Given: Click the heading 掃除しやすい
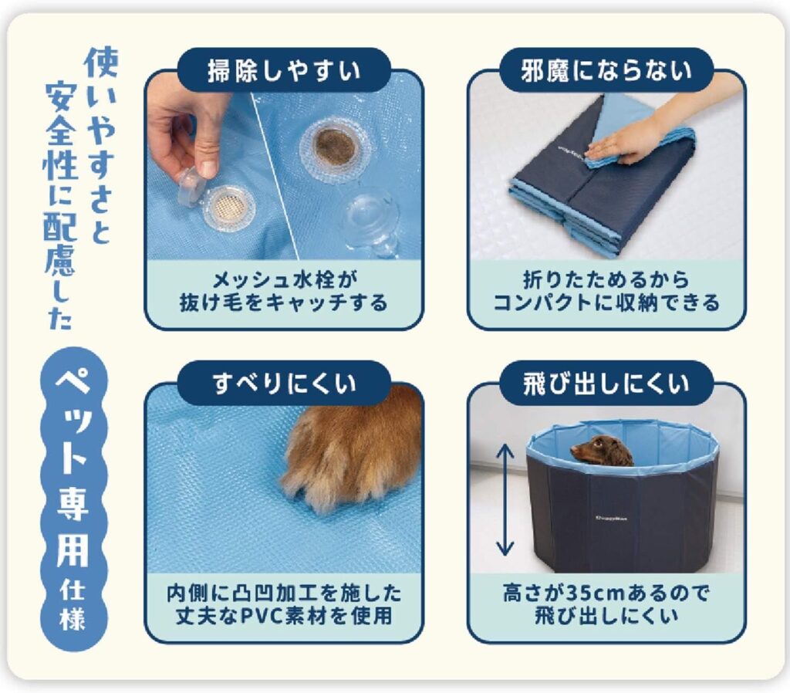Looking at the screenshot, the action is click(x=284, y=70).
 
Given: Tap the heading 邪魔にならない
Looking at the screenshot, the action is click(x=606, y=70).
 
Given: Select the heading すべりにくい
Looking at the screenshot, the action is click(x=284, y=384).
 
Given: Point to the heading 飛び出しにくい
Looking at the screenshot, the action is click(x=606, y=384).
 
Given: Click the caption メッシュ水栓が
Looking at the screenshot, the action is click(x=284, y=279).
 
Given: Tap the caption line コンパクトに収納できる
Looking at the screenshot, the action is click(x=606, y=303).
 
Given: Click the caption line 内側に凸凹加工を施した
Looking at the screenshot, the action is click(x=284, y=593).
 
